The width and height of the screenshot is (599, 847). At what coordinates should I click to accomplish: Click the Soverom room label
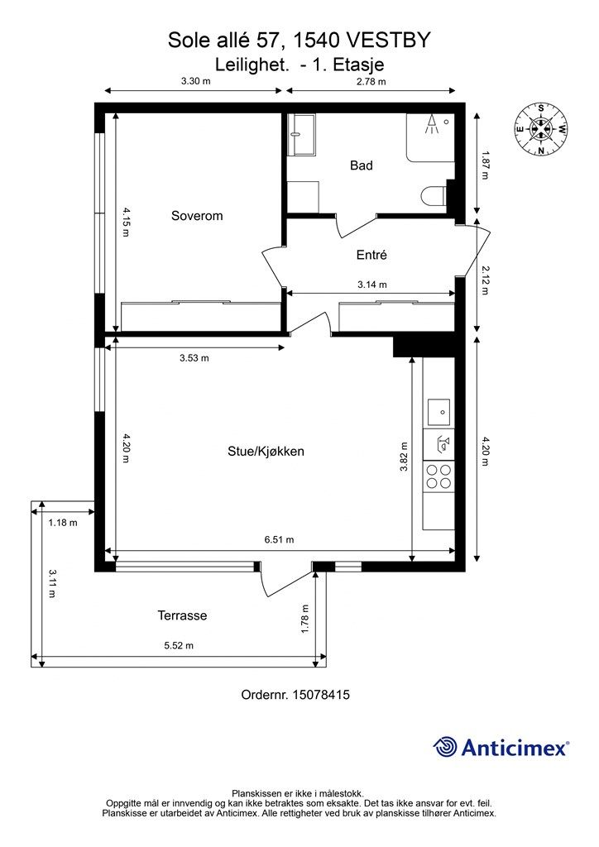[x=197, y=216]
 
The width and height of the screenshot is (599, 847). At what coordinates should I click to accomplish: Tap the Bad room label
[x=362, y=165]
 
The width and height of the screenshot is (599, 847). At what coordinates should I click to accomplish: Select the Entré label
[x=371, y=255]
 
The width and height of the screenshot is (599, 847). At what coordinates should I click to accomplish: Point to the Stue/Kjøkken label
[x=266, y=451]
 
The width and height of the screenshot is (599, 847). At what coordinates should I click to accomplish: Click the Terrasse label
[x=182, y=615]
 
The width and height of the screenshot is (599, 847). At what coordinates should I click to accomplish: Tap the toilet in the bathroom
[x=434, y=195]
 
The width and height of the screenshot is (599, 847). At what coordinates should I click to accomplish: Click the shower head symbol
[x=432, y=124]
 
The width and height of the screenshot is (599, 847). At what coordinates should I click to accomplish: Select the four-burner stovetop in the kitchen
[x=438, y=476]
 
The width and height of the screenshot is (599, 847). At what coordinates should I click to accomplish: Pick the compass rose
[x=540, y=129]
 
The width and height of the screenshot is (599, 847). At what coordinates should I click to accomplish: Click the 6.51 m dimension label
[x=280, y=539]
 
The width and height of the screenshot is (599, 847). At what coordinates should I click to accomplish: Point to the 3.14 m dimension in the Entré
[x=372, y=285]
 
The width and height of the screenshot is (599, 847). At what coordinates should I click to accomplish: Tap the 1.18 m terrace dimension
[x=63, y=523]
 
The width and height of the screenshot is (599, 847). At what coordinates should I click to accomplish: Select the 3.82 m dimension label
[x=404, y=457]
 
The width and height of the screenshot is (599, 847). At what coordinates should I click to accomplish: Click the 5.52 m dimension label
[x=179, y=645]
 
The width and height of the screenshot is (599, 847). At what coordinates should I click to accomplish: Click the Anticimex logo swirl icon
[x=445, y=747]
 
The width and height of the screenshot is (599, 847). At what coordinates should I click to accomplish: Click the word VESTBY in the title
[x=388, y=40]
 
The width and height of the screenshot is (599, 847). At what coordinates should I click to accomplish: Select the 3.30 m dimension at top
[x=195, y=82]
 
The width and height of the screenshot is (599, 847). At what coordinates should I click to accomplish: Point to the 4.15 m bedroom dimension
[x=126, y=222]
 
